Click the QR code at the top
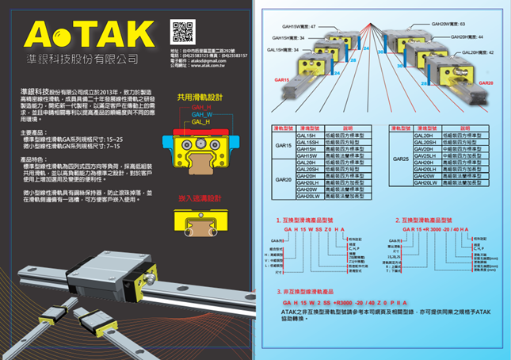[x=182, y=33]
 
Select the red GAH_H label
[x=201, y=107]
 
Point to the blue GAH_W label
[x=201, y=114]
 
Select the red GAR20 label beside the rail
[x=486, y=82]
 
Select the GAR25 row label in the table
[x=400, y=159]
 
